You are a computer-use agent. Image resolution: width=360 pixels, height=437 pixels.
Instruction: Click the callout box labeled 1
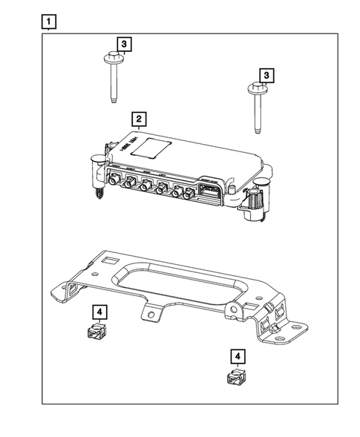(48, 22)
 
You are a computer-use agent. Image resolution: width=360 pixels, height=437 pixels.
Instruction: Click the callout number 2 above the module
(137, 119)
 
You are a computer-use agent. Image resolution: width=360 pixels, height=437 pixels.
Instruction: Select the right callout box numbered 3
(265, 75)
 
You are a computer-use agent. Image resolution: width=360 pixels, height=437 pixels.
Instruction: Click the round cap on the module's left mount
(95, 160)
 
